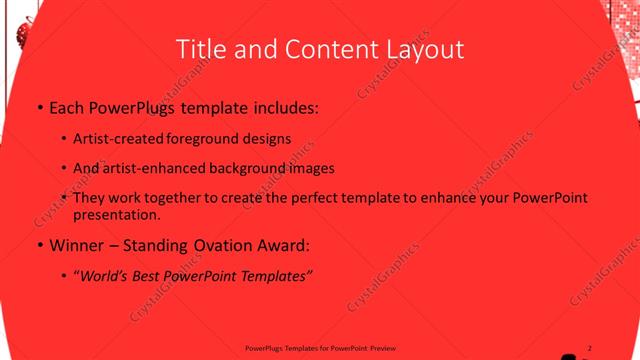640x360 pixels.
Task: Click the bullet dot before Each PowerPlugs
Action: tap(39, 106)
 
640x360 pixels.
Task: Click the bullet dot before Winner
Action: tap(39, 244)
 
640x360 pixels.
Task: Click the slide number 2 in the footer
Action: tap(590, 347)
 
